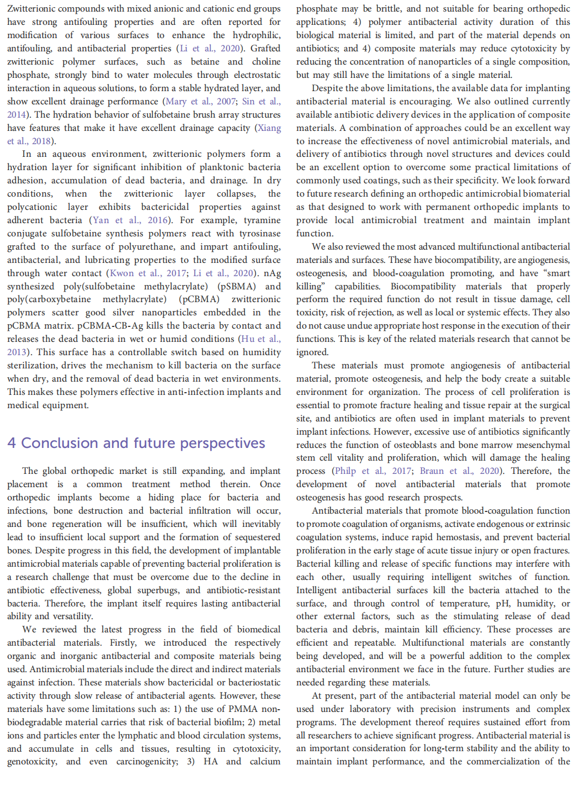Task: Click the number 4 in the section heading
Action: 12,444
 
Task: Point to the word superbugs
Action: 164,590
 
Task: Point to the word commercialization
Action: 502,762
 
